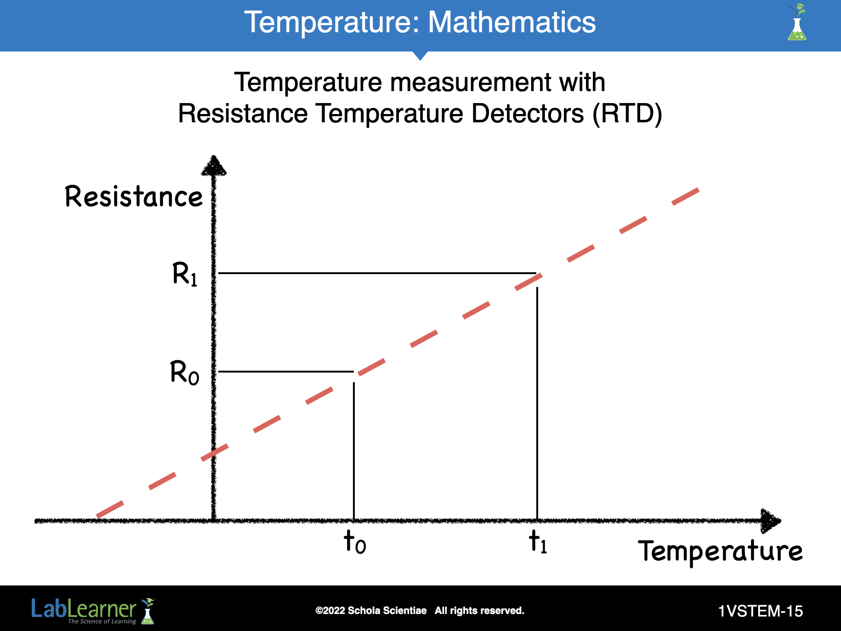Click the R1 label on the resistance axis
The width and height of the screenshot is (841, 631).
point(185,274)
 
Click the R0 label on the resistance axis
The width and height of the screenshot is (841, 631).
point(184,373)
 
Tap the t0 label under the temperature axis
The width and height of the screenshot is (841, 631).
point(355,542)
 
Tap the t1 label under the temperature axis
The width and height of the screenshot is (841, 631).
point(538,542)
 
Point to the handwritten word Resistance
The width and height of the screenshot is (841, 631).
point(134,197)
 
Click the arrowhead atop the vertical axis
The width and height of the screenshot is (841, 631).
point(214,166)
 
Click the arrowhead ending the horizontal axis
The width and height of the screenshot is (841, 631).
point(771,521)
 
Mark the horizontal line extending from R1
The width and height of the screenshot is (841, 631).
point(377,273)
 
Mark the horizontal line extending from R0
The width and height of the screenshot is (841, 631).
point(286,372)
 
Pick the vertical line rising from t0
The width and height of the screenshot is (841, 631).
point(354,451)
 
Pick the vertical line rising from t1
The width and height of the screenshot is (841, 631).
point(537,403)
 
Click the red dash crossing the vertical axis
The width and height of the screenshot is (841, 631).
point(215,453)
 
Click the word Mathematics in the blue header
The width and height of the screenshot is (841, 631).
point(512,22)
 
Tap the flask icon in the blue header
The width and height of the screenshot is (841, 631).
point(797,23)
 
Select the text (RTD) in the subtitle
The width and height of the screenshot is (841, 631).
point(627,114)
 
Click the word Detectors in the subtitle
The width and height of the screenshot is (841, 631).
point(528,114)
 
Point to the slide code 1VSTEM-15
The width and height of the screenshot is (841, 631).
point(761,611)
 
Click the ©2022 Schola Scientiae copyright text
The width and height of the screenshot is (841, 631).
point(371,611)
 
